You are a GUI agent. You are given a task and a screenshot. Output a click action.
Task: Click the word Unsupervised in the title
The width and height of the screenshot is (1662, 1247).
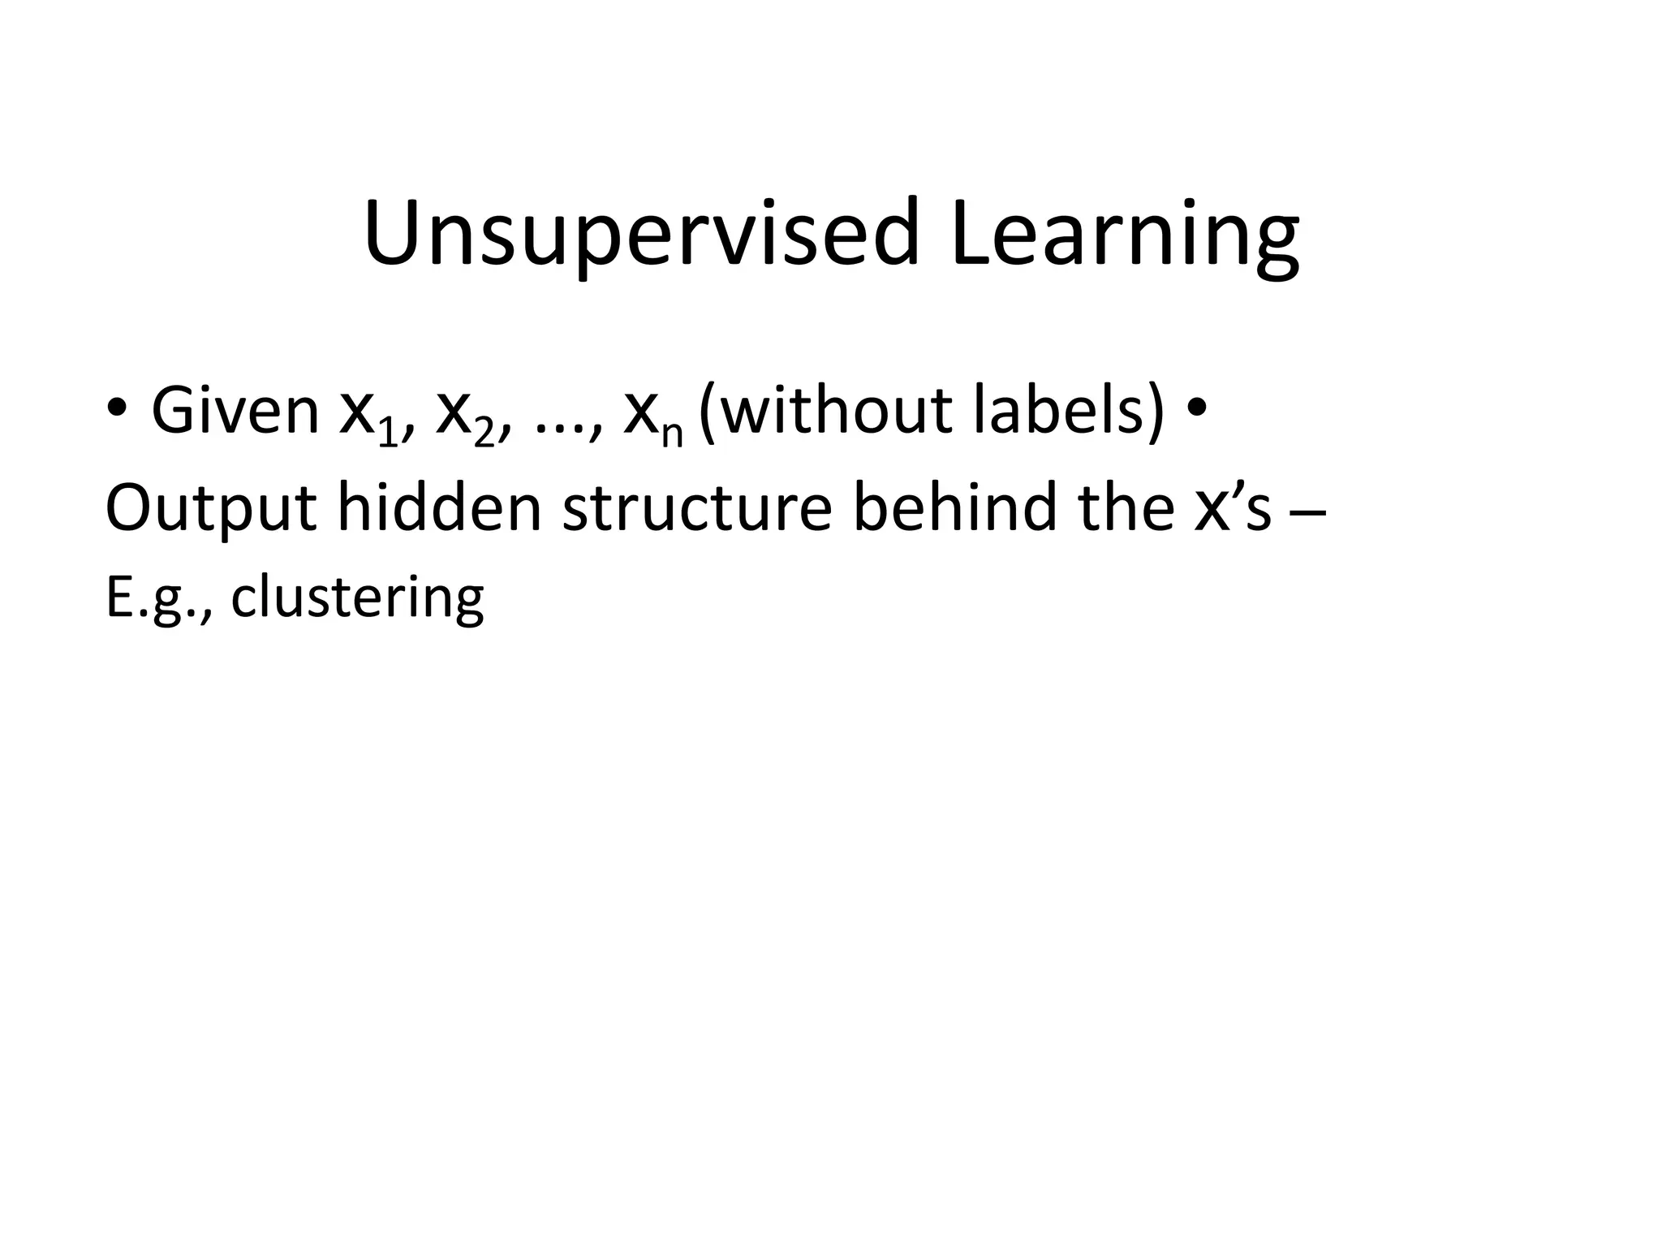[641, 235]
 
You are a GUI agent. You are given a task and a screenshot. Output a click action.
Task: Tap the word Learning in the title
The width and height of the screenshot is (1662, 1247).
[1125, 235]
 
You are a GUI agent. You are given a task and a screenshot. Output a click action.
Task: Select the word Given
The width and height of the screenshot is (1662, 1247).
[235, 412]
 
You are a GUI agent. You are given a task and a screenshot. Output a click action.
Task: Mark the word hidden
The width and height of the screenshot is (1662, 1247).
[439, 507]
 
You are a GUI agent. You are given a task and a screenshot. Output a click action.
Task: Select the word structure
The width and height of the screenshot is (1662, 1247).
[698, 507]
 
